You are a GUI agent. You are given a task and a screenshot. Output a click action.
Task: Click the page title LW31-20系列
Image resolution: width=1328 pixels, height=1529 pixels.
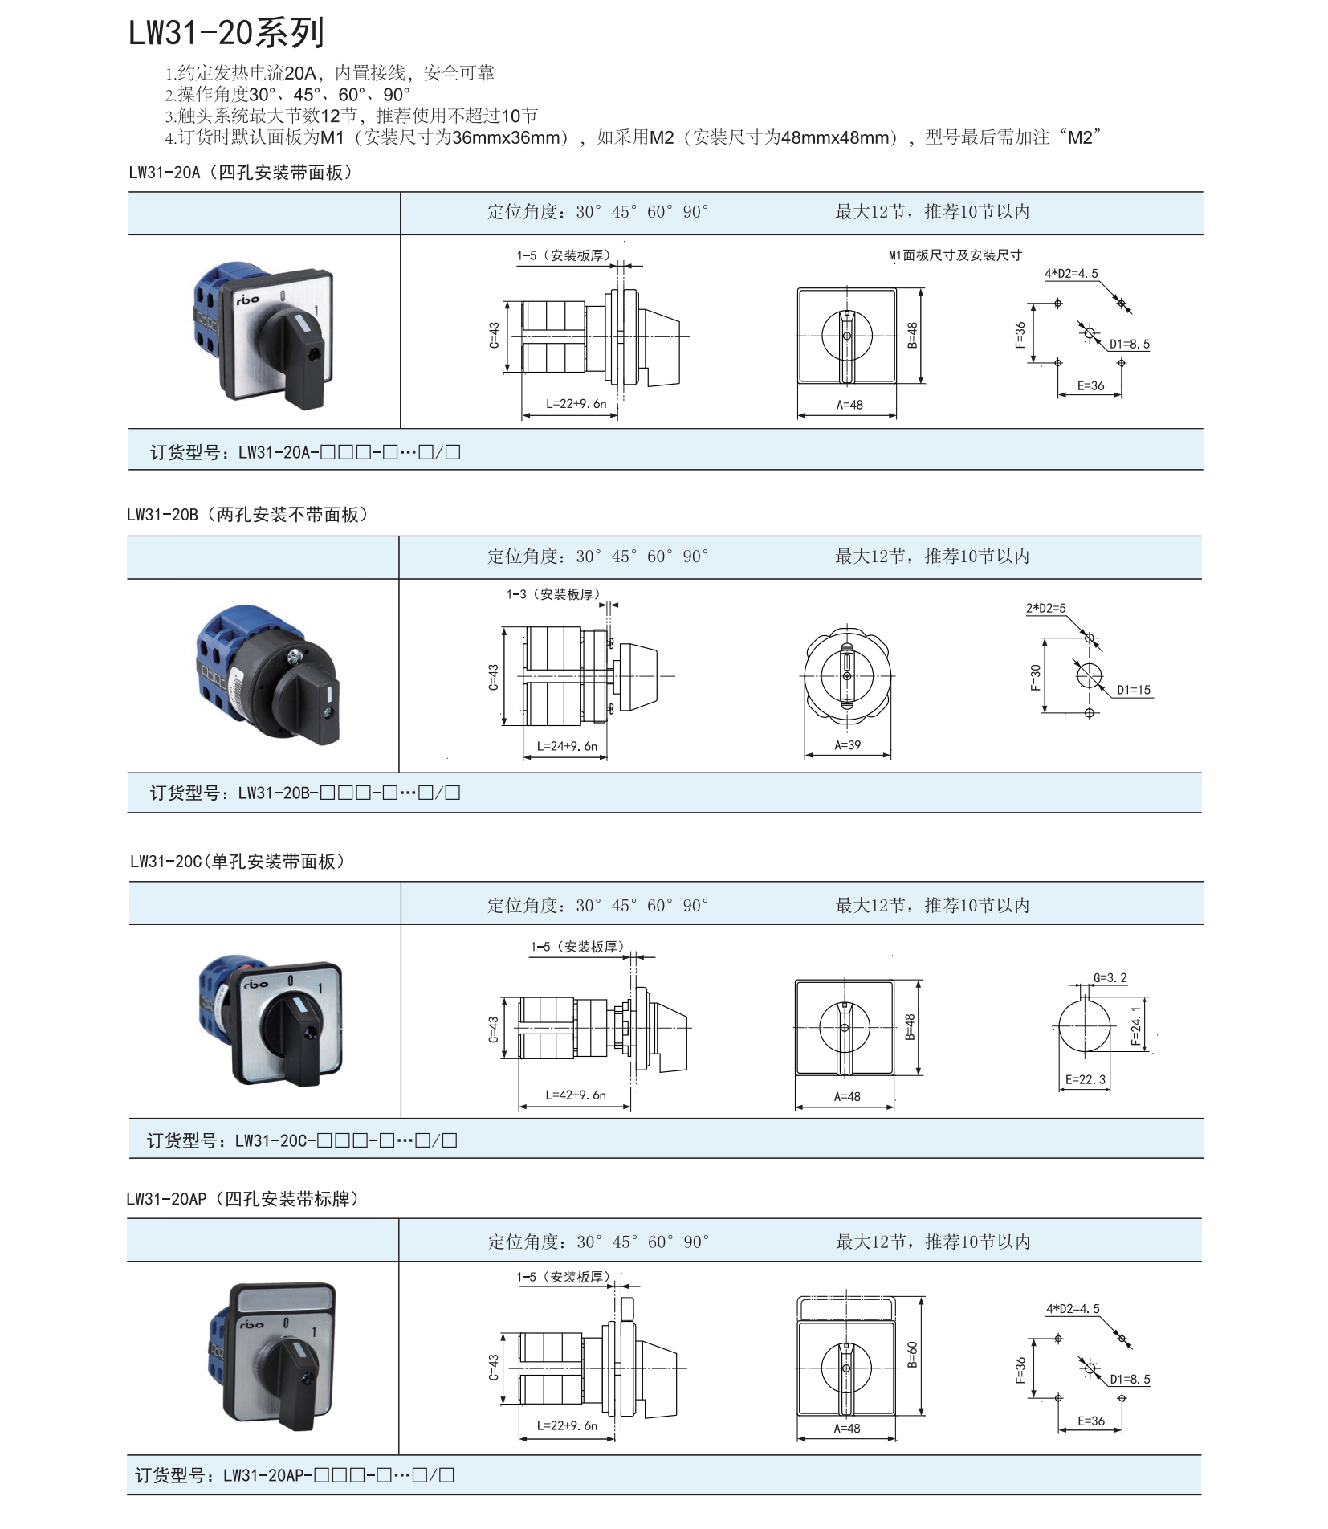(226, 33)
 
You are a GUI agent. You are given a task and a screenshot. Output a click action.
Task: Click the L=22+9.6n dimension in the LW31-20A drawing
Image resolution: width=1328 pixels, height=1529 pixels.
(576, 403)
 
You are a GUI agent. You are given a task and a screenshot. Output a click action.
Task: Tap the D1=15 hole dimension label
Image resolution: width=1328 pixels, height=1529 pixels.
(1133, 690)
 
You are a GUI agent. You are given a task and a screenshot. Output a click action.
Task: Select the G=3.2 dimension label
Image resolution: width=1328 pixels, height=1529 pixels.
(1110, 977)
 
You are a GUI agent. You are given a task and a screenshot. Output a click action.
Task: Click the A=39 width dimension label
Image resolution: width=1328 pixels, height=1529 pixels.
(847, 745)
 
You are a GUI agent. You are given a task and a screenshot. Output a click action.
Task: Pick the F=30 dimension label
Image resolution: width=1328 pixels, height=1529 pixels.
(1035, 677)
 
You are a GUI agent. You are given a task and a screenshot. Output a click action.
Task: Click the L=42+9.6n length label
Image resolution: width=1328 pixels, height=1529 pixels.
(576, 1095)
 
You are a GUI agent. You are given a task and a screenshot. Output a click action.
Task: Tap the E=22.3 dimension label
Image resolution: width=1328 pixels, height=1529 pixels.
(1086, 1079)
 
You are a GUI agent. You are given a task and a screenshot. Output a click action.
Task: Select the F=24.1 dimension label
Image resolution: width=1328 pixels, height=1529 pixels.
(1135, 1026)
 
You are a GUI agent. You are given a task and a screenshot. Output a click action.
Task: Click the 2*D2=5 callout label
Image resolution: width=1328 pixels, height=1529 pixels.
(1045, 608)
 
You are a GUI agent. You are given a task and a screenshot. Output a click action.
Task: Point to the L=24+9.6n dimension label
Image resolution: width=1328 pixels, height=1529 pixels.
(567, 746)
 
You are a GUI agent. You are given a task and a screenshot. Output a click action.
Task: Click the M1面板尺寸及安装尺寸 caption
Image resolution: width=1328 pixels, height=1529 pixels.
(955, 255)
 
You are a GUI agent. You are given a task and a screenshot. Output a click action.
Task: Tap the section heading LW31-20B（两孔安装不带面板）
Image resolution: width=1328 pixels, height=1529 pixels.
(247, 515)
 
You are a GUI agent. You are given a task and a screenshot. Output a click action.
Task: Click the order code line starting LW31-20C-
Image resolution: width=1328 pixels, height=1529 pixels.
(302, 1140)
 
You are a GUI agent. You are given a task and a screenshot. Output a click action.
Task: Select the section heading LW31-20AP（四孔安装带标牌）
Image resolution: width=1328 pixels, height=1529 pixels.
(242, 1199)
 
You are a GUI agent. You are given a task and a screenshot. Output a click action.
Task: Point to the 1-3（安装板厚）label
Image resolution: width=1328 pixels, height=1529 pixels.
(553, 594)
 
